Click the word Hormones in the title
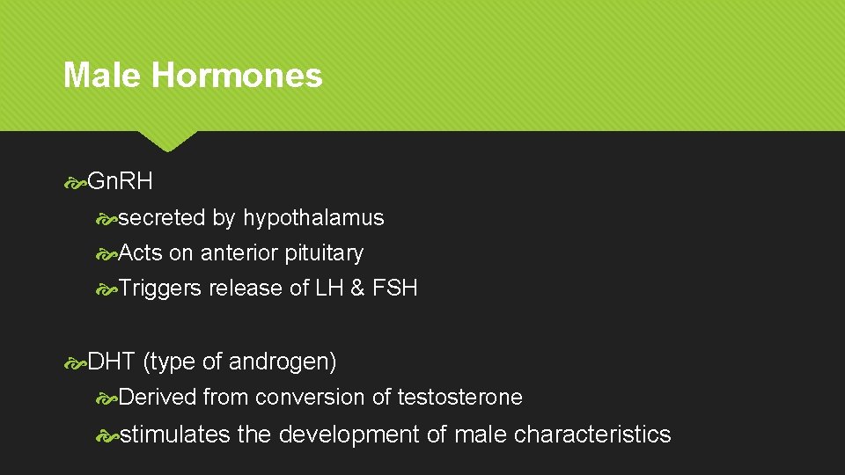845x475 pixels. tap(237, 76)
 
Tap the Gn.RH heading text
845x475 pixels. tap(121, 182)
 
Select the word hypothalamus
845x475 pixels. tap(313, 217)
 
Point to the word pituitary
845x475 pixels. tap(324, 253)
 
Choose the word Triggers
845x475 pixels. tap(160, 289)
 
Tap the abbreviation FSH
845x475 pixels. tap(395, 289)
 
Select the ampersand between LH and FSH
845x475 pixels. tap(357, 289)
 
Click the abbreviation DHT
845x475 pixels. tap(112, 362)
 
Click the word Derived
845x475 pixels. tap(158, 398)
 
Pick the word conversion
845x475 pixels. tap(310, 398)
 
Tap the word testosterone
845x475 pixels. tap(459, 398)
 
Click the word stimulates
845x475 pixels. tap(174, 435)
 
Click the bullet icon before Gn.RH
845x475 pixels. tap(76, 183)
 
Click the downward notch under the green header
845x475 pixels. tap(168, 140)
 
